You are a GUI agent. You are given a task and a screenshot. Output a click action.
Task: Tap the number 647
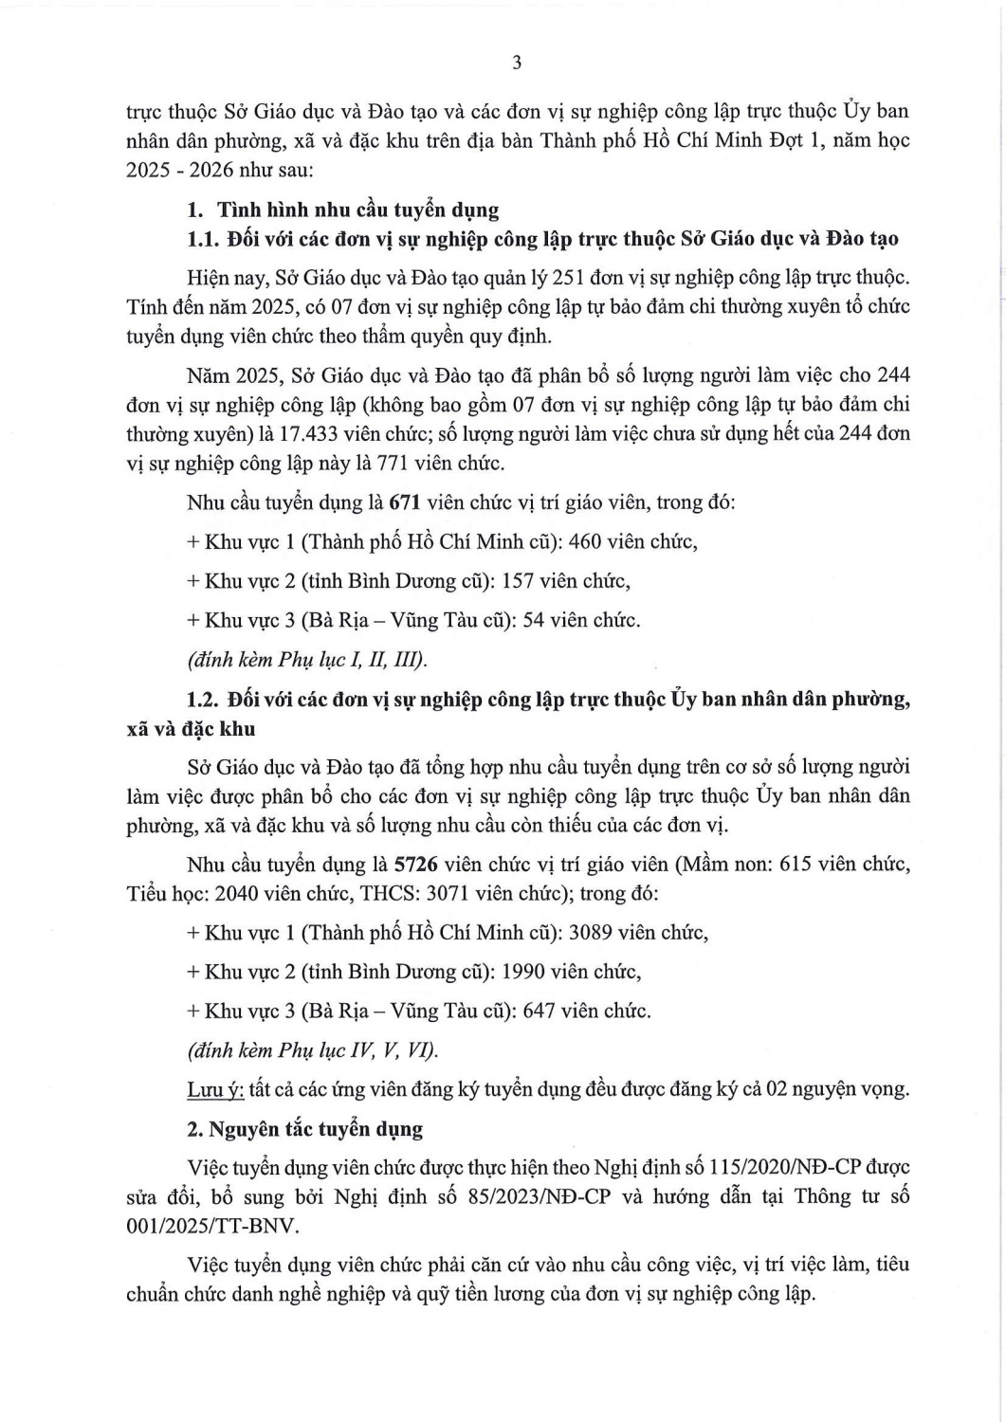[x=539, y=1011]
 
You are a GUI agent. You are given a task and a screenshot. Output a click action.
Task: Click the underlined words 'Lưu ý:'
[x=215, y=1088]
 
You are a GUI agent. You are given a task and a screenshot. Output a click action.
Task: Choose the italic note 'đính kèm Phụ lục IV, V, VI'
[x=313, y=1050]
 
